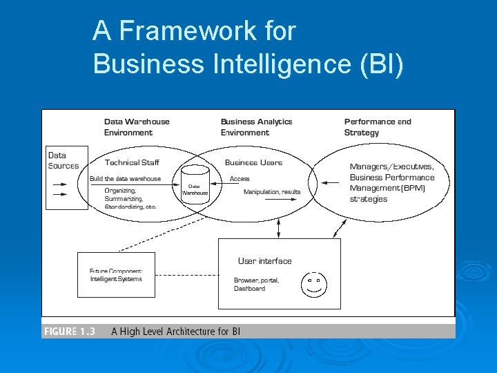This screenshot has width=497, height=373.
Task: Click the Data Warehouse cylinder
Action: tap(195, 184)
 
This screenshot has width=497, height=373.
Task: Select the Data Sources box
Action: tap(66, 178)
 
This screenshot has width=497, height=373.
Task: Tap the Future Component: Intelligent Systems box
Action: tap(116, 274)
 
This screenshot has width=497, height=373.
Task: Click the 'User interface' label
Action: tap(264, 261)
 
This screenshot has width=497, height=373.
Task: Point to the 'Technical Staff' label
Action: tap(132, 162)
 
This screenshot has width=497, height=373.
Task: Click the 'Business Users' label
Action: tap(253, 162)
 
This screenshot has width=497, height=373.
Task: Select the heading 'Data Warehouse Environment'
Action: tap(137, 127)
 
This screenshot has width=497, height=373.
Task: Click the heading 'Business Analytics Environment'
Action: tap(256, 127)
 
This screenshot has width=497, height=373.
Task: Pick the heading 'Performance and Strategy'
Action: tap(377, 127)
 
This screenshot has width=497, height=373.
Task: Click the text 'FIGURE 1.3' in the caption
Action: tap(69, 332)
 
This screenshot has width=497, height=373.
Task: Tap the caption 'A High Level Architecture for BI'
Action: tap(175, 332)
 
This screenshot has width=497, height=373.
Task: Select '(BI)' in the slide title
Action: tap(380, 64)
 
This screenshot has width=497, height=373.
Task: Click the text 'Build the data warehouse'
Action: tap(125, 178)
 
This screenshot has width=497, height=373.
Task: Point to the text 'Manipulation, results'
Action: tap(272, 191)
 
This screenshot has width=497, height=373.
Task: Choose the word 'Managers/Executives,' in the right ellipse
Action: tap(391, 166)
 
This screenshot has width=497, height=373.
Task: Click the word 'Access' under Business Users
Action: tap(240, 178)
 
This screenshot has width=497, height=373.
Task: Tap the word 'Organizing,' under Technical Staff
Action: tap(120, 190)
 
